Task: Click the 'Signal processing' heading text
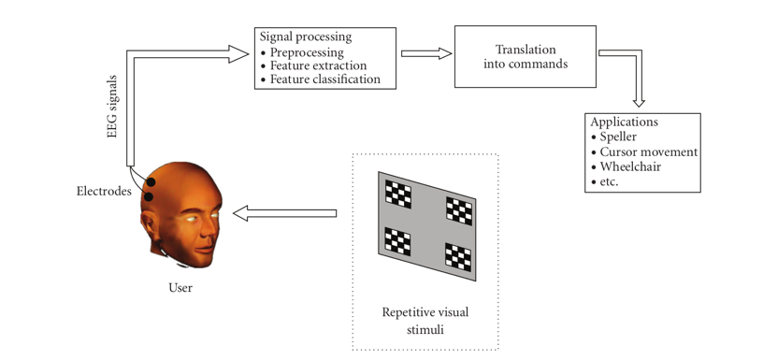[x=305, y=37]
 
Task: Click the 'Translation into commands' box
[x=525, y=56]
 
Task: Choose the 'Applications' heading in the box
[x=624, y=122]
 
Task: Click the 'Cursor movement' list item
[x=648, y=151]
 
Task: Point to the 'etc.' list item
[x=609, y=181]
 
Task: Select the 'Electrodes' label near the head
[x=104, y=192]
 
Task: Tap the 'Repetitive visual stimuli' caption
[x=425, y=321]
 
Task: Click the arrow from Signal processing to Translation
[x=426, y=54]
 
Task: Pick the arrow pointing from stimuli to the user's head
[x=284, y=214]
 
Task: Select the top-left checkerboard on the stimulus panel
[x=399, y=194]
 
